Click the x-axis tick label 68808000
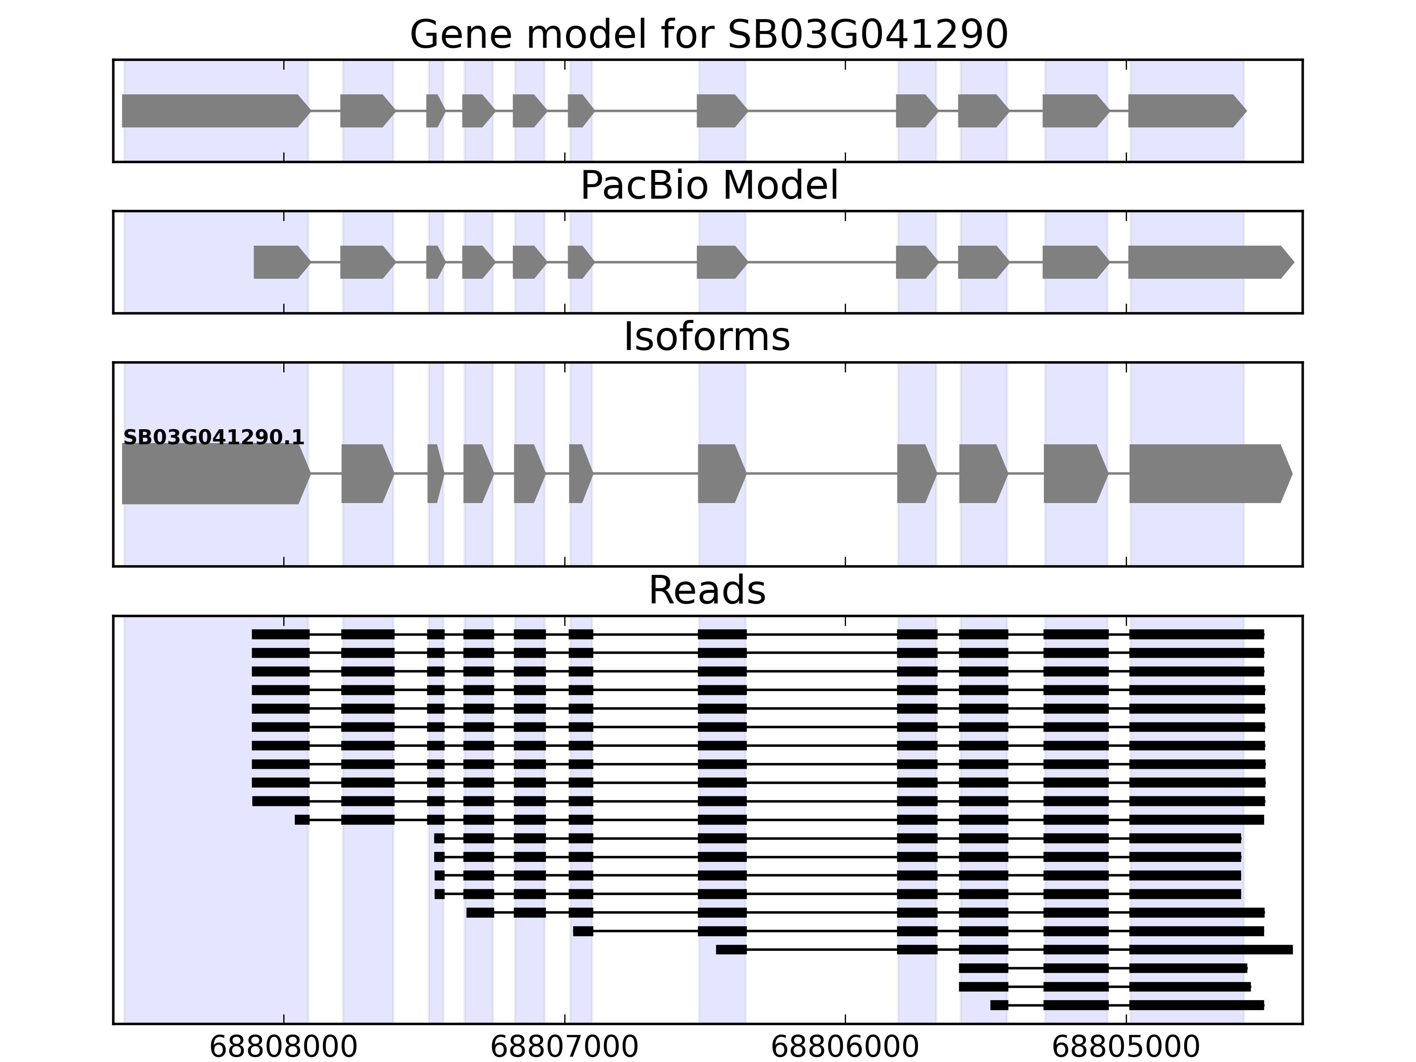click(284, 1047)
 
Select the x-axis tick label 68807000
click(565, 1047)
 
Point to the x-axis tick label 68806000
click(845, 1047)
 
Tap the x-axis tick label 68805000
click(1126, 1047)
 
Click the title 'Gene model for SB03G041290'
click(708, 35)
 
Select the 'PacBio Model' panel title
click(708, 186)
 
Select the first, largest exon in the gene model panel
click(216, 111)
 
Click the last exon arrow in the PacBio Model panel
click(1211, 262)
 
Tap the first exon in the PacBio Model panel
click(282, 262)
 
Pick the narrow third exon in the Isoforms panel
click(436, 474)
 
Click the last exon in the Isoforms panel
click(1211, 474)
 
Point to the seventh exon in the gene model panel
click(722, 111)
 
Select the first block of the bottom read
click(999, 1005)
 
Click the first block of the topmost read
click(281, 635)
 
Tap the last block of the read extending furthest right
click(1211, 949)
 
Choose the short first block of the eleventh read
click(302, 820)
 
